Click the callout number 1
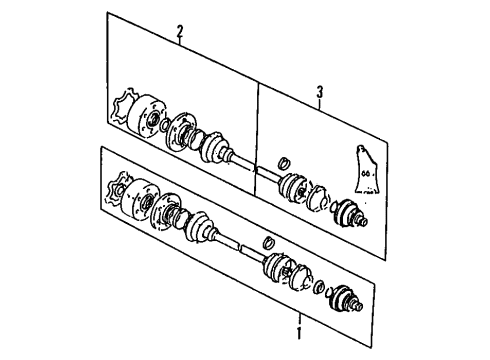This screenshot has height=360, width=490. click(299, 333)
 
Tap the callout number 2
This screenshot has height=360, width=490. click(180, 32)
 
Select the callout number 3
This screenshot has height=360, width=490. click(320, 92)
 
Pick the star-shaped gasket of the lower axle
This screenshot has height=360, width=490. click(117, 188)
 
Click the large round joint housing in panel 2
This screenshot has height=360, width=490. click(147, 115)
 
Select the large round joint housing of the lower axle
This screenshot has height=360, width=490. click(140, 198)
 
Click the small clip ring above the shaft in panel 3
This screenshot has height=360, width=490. click(284, 163)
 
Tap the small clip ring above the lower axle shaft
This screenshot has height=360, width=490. click(268, 242)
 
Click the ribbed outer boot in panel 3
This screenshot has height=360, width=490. click(293, 188)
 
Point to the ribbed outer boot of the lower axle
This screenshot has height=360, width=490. click(278, 268)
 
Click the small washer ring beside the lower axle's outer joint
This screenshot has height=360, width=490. click(319, 286)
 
